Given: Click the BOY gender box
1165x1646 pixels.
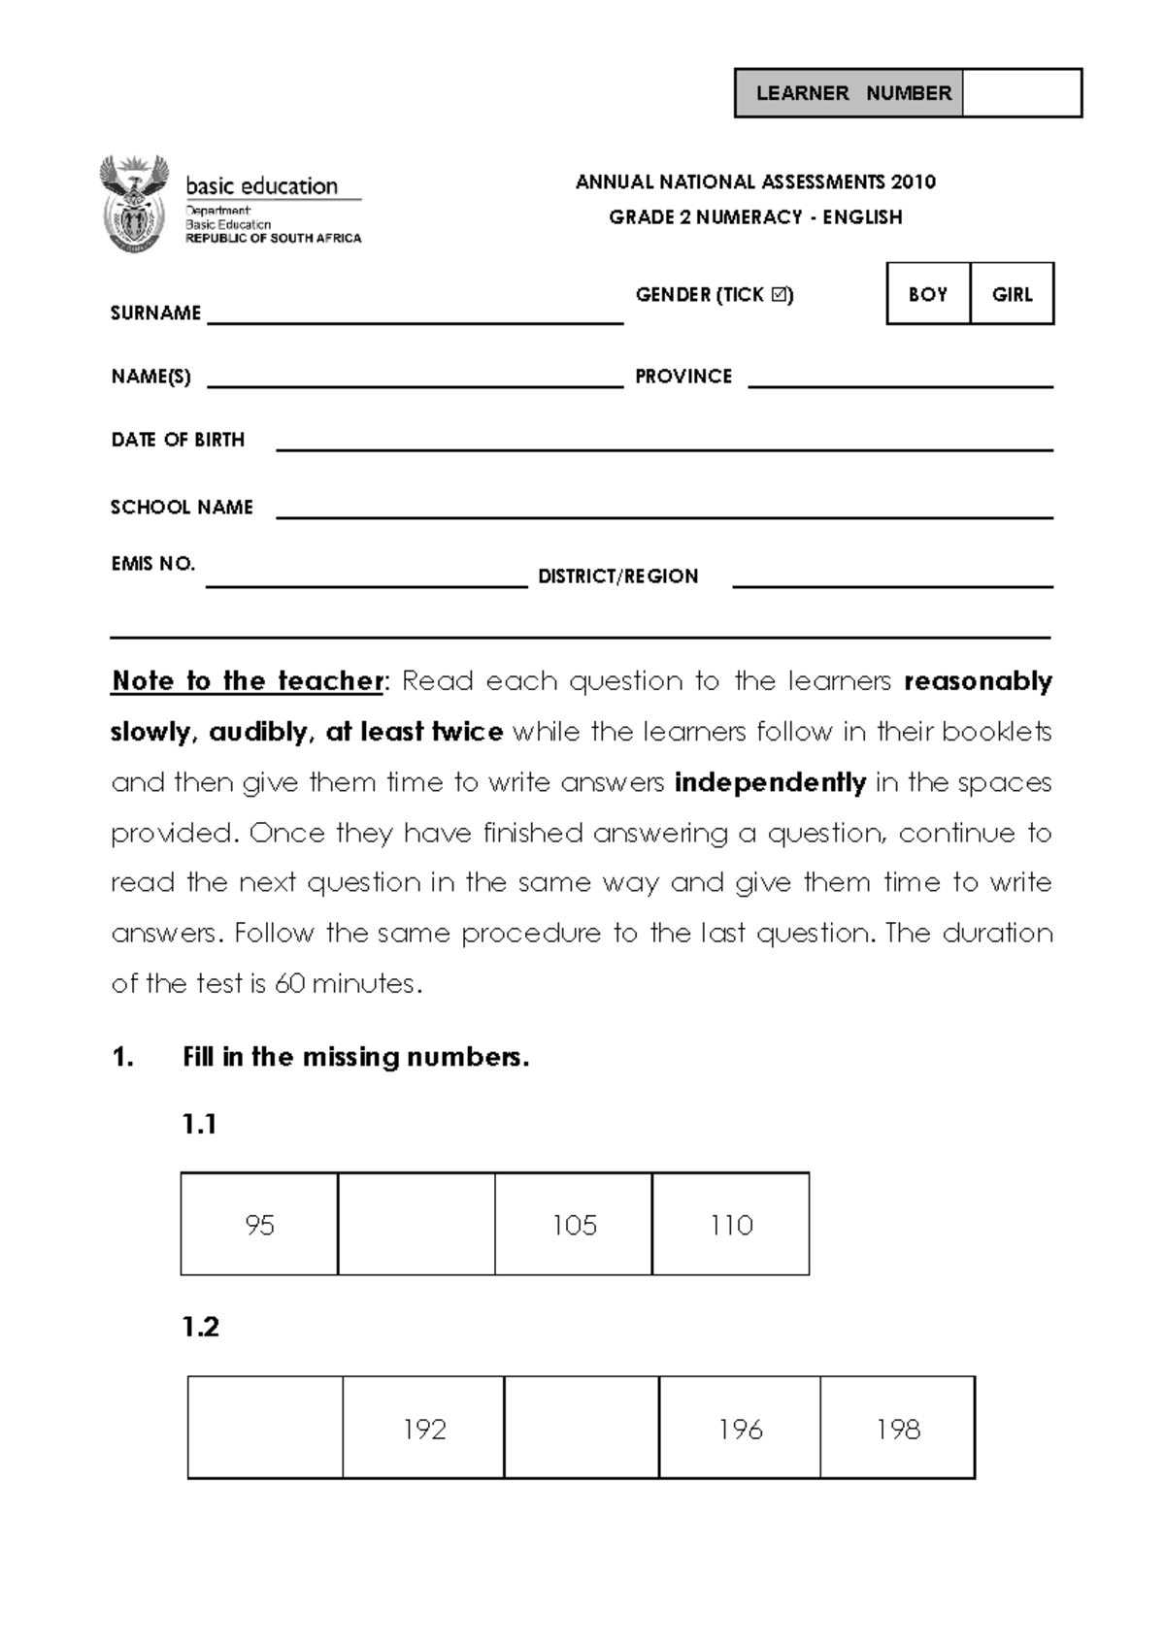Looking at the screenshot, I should (927, 293).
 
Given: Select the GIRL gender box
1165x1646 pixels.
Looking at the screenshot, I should (1012, 293).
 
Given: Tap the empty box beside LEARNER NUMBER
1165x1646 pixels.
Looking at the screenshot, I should (1021, 93).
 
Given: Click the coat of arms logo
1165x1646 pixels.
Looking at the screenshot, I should (134, 204).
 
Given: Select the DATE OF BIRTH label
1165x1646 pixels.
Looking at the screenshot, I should (178, 440).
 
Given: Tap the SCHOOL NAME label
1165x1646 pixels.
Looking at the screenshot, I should (182, 507).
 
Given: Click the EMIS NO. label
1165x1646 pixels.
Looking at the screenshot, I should (153, 564).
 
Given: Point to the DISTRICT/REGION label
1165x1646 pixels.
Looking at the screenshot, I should (617, 576).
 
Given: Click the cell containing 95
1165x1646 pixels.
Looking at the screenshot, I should (259, 1224).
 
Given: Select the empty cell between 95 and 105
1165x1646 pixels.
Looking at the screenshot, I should (416, 1224).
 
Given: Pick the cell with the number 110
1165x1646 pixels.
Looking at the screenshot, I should (731, 1224).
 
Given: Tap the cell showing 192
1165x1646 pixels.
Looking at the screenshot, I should (423, 1428).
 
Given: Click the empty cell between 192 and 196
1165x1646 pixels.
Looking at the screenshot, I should (582, 1428).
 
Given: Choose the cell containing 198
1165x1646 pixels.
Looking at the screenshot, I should (897, 1428).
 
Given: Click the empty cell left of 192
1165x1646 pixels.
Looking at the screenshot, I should (265, 1428).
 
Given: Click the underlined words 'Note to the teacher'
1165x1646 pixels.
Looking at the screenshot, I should (248, 681).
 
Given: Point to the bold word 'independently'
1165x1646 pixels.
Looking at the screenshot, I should (770, 782).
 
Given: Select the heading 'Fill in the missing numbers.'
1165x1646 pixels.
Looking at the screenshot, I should (355, 1057).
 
